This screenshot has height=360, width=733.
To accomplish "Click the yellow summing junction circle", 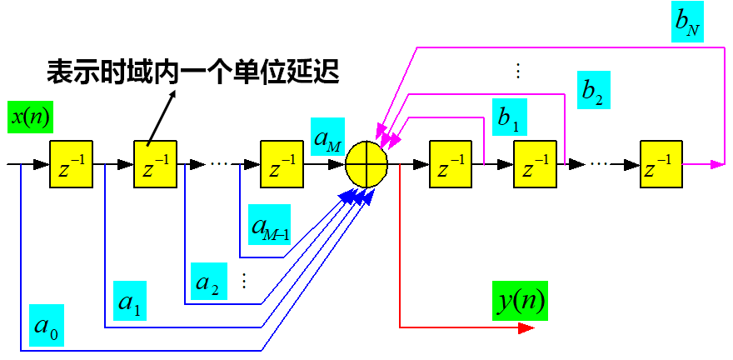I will [x=367, y=164].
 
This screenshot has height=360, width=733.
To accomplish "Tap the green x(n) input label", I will [x=31, y=117].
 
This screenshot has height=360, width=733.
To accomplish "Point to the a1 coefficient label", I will [x=129, y=303].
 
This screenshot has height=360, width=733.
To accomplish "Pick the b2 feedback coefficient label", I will [x=592, y=89].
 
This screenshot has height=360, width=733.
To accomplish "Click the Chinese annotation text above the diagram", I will [x=192, y=72].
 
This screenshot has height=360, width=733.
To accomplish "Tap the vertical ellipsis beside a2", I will [x=244, y=280].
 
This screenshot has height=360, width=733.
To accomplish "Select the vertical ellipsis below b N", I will [x=517, y=72].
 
